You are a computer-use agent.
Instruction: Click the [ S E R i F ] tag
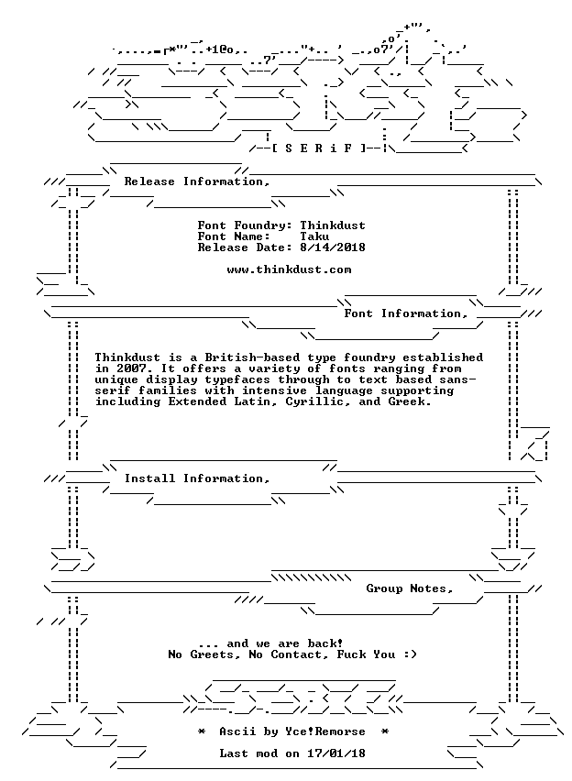(x=320, y=148)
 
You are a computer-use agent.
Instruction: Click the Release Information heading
(x=197, y=181)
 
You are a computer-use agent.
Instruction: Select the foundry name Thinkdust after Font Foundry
(x=333, y=225)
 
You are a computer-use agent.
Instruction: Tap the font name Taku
(x=314, y=236)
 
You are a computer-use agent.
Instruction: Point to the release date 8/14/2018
(x=333, y=247)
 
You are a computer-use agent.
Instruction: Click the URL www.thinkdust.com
(x=289, y=269)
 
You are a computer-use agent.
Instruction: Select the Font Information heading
(x=405, y=313)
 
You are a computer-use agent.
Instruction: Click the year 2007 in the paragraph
(x=132, y=368)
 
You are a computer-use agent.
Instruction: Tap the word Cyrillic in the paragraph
(x=314, y=401)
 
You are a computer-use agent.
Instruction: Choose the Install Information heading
(x=197, y=478)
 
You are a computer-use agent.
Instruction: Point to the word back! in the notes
(x=325, y=643)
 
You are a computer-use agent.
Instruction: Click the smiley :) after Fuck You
(x=410, y=654)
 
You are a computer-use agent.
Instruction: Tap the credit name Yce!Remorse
(x=325, y=731)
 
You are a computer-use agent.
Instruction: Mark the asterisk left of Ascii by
(x=202, y=731)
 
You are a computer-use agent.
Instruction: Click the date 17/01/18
(x=336, y=753)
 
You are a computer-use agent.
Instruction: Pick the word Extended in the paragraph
(x=197, y=401)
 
